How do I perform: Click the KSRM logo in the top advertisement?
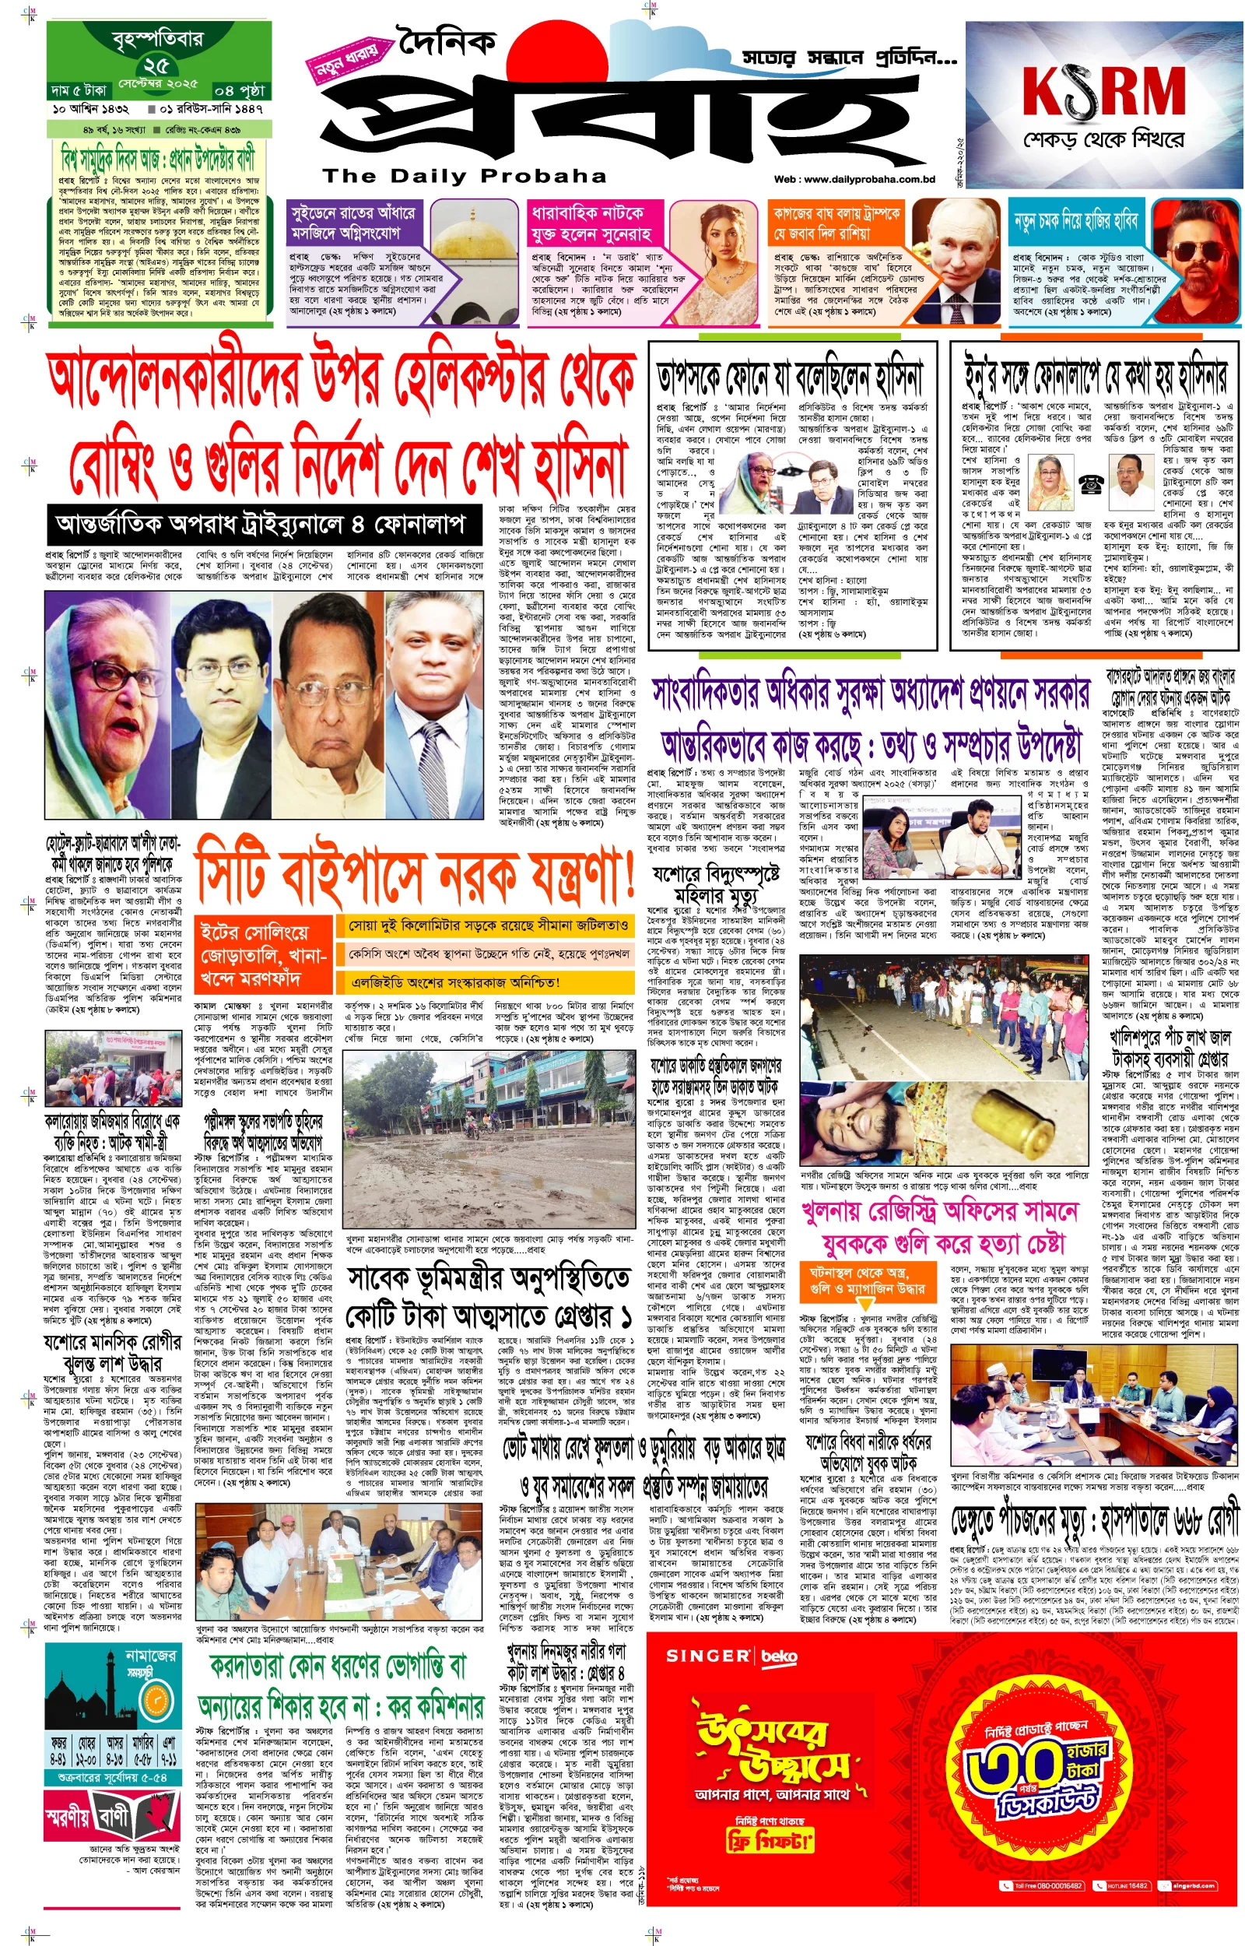(1103, 90)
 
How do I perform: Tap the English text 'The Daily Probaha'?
(464, 175)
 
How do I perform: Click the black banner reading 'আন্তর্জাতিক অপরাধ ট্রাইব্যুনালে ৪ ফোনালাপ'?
(261, 525)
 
